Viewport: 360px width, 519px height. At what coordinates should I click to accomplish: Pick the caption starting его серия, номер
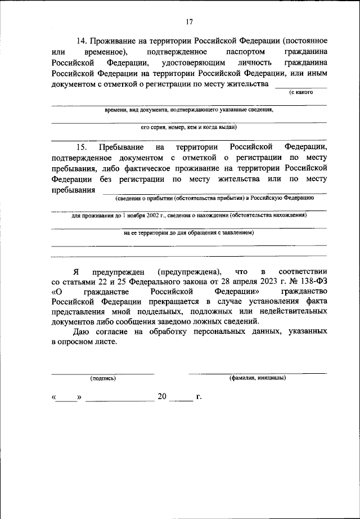click(x=188, y=127)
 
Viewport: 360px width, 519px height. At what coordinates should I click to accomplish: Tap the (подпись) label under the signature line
click(x=103, y=378)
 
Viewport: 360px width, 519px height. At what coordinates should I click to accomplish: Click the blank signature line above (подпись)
click(x=103, y=373)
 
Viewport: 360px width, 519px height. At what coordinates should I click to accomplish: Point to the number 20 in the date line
click(x=162, y=397)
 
